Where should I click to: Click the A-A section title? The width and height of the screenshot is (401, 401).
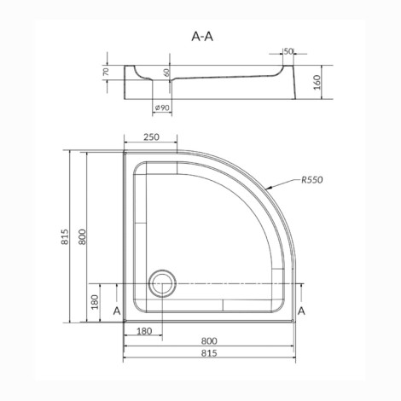click(x=202, y=37)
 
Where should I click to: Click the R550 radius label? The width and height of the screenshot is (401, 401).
click(x=312, y=180)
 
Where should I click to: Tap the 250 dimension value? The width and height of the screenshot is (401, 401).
click(x=151, y=137)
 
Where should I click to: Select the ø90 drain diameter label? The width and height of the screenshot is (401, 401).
click(x=162, y=108)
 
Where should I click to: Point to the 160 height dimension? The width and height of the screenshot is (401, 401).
click(x=317, y=82)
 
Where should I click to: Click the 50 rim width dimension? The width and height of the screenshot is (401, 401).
click(x=288, y=51)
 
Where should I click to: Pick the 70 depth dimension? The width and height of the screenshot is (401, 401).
click(x=106, y=72)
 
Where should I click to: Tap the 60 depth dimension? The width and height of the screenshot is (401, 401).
click(x=166, y=73)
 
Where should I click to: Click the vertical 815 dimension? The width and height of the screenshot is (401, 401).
click(x=65, y=236)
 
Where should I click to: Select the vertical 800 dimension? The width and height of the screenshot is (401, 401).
click(x=82, y=236)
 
